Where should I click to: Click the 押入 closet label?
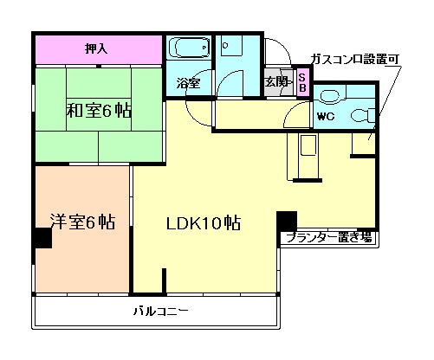tap(97, 48)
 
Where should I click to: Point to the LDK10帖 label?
tap(204, 222)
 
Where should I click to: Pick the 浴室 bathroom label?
tap(188, 84)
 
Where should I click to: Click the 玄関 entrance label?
tap(275, 82)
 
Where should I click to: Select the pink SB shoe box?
tap(301, 82)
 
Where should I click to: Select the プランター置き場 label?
tap(329, 236)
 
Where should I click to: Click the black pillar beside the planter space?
tap(286, 221)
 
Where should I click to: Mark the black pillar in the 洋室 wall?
tap(41, 236)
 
